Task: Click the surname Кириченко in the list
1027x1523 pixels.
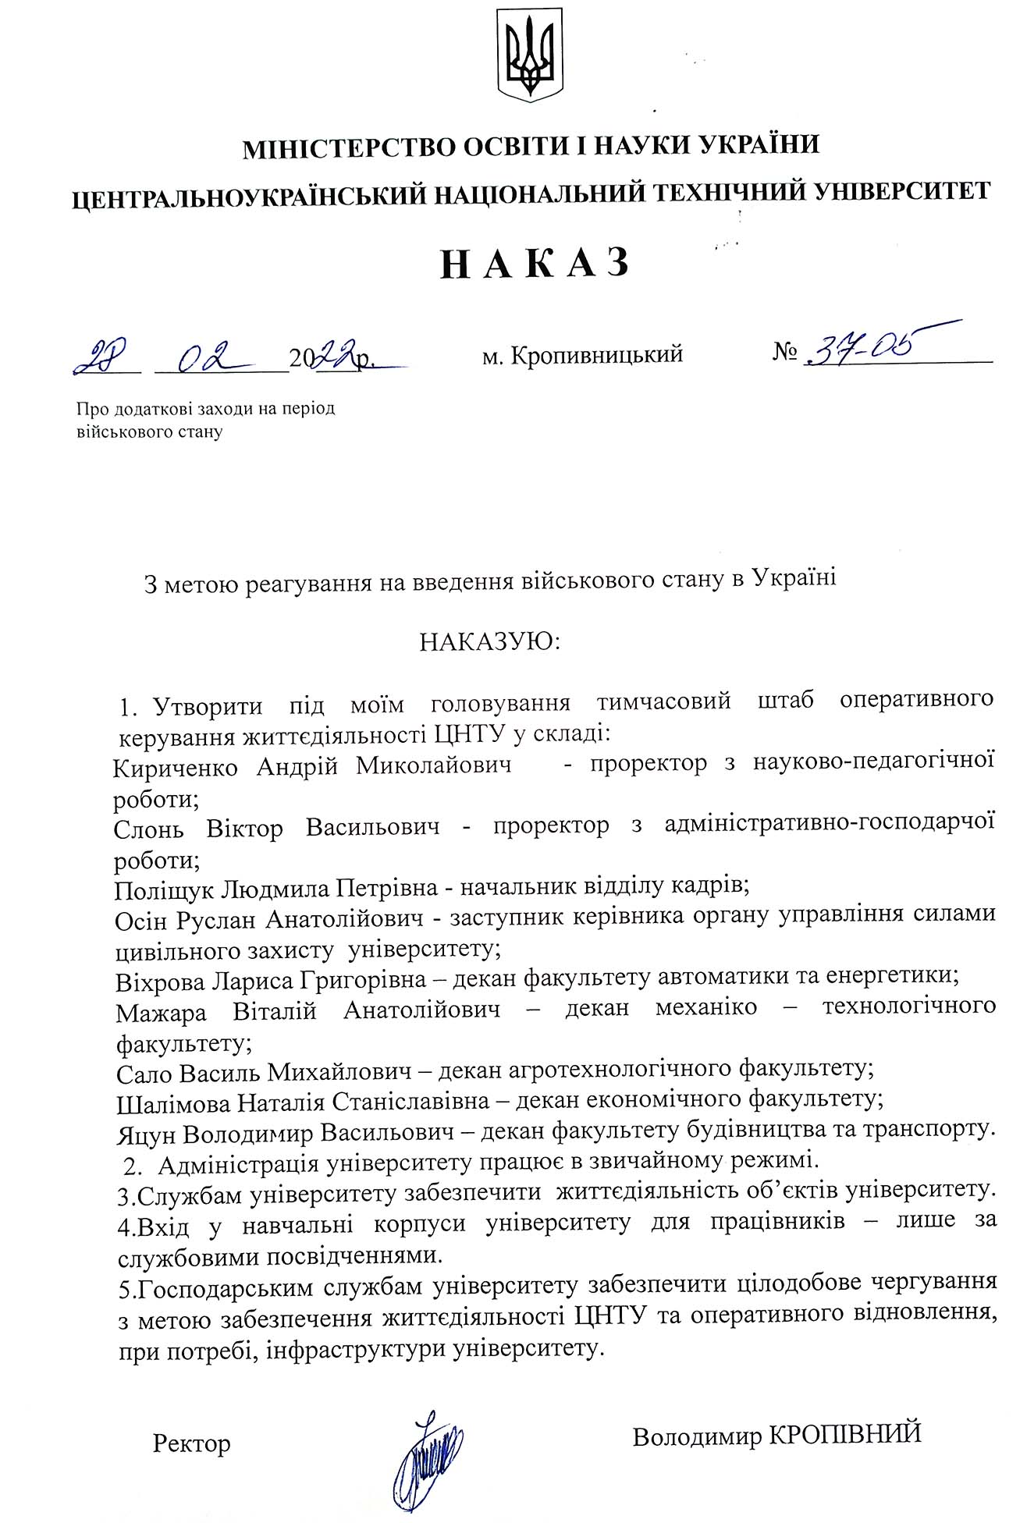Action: click(x=175, y=768)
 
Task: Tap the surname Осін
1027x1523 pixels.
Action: click(x=140, y=920)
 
